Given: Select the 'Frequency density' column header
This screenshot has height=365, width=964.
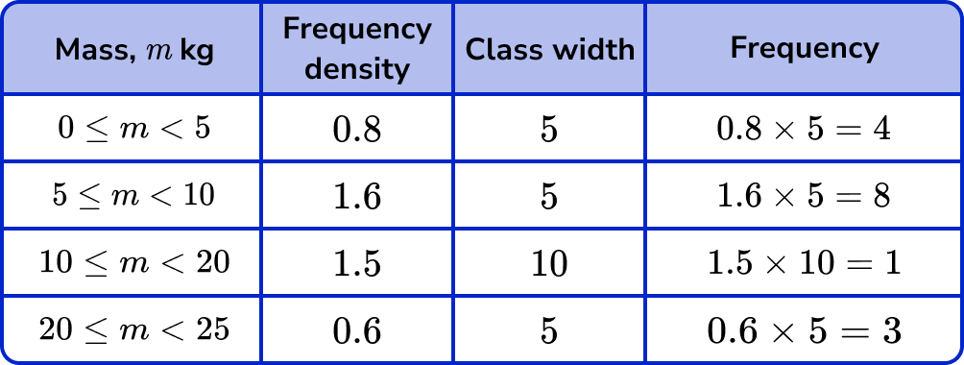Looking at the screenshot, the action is pyautogui.click(x=357, y=48).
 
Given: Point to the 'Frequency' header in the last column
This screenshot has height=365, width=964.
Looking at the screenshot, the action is pyautogui.click(x=804, y=48).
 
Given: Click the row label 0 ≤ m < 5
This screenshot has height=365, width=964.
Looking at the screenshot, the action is pyautogui.click(x=133, y=129).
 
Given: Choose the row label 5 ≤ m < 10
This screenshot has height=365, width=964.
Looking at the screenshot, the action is pyautogui.click(x=133, y=196).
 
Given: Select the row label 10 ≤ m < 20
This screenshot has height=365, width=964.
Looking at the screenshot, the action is pyautogui.click(x=133, y=262).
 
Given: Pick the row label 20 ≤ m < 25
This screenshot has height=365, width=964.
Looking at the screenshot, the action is pyautogui.click(x=133, y=329).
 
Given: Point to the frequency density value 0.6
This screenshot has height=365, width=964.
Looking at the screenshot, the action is pyautogui.click(x=357, y=330).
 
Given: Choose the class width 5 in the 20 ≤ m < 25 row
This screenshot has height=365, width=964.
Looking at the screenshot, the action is pyautogui.click(x=549, y=330).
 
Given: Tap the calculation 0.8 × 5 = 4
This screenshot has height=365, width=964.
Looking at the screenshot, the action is pyautogui.click(x=804, y=130).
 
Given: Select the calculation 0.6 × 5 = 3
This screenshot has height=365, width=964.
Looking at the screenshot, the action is pyautogui.click(x=804, y=330).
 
